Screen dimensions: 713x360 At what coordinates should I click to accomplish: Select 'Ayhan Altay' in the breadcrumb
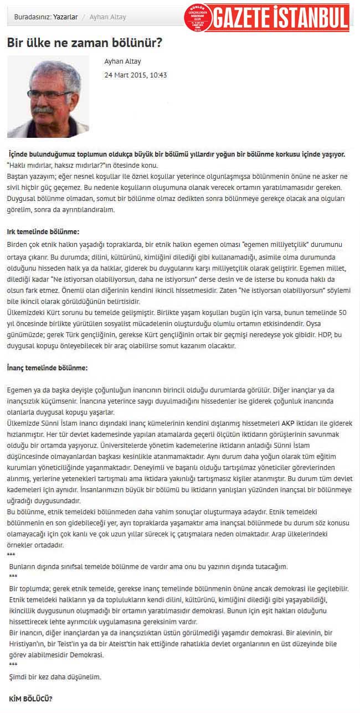pyautogui.click(x=108, y=17)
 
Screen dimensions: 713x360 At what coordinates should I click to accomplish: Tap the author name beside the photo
pyautogui.click(x=123, y=61)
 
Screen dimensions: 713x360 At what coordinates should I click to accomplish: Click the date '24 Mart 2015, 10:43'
pyautogui.click(x=136, y=75)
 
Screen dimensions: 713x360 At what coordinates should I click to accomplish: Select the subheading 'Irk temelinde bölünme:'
pyautogui.click(x=43, y=231)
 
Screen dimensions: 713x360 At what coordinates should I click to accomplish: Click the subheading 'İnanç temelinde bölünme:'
pyautogui.click(x=47, y=368)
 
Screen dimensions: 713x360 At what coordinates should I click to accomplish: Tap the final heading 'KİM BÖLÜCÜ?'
pyautogui.click(x=31, y=699)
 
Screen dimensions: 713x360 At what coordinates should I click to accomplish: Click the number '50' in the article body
pyautogui.click(x=342, y=313)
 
